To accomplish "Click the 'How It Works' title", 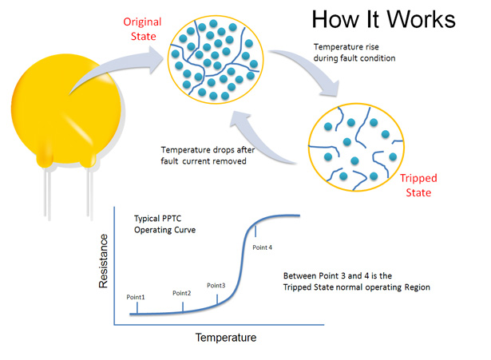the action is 383,19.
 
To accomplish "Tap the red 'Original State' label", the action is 142,29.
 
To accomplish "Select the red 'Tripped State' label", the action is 418,185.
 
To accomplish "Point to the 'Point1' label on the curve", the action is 136,297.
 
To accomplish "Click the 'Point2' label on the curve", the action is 181,293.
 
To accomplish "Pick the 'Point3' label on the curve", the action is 216,286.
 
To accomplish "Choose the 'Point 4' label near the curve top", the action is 263,247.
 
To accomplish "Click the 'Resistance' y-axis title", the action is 103,261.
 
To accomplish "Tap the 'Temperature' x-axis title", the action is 226,338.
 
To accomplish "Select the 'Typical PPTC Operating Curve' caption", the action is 164,224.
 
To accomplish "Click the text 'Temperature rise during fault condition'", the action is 354,53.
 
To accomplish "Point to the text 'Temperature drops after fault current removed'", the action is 208,156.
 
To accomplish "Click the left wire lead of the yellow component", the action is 47,192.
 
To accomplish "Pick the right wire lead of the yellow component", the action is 90,192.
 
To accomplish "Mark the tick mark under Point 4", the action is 255,231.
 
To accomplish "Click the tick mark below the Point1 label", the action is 137,308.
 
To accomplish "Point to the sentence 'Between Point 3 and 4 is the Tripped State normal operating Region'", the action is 357,282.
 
